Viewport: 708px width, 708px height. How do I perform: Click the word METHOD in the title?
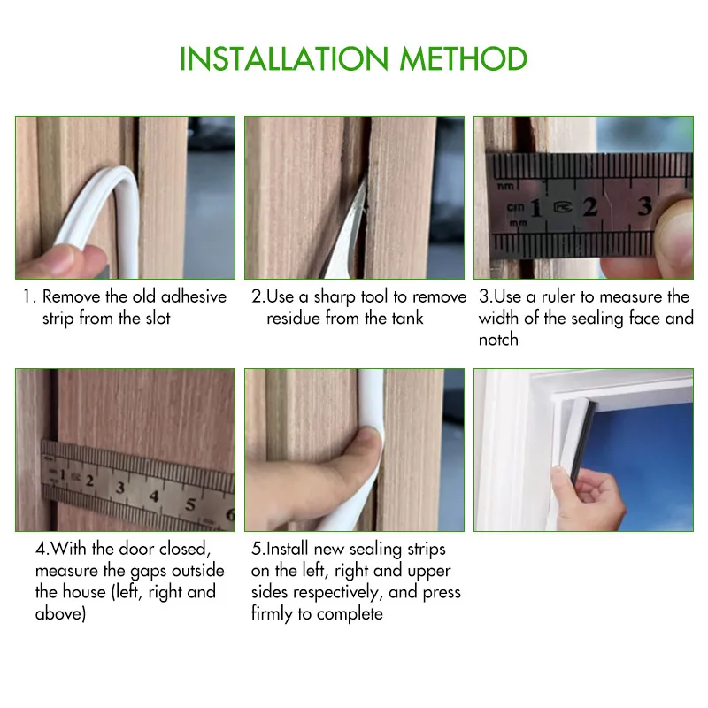(x=464, y=59)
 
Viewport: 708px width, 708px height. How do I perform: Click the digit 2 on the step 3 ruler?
(x=589, y=207)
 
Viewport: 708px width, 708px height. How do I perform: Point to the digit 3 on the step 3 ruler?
(x=644, y=206)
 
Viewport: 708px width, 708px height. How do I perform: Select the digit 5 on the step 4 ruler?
(x=190, y=505)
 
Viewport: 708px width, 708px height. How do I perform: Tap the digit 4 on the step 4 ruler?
(x=154, y=496)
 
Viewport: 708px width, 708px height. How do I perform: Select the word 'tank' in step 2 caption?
(x=403, y=318)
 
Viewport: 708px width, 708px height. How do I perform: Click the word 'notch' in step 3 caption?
(x=498, y=340)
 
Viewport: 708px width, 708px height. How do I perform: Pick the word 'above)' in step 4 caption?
(x=60, y=613)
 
